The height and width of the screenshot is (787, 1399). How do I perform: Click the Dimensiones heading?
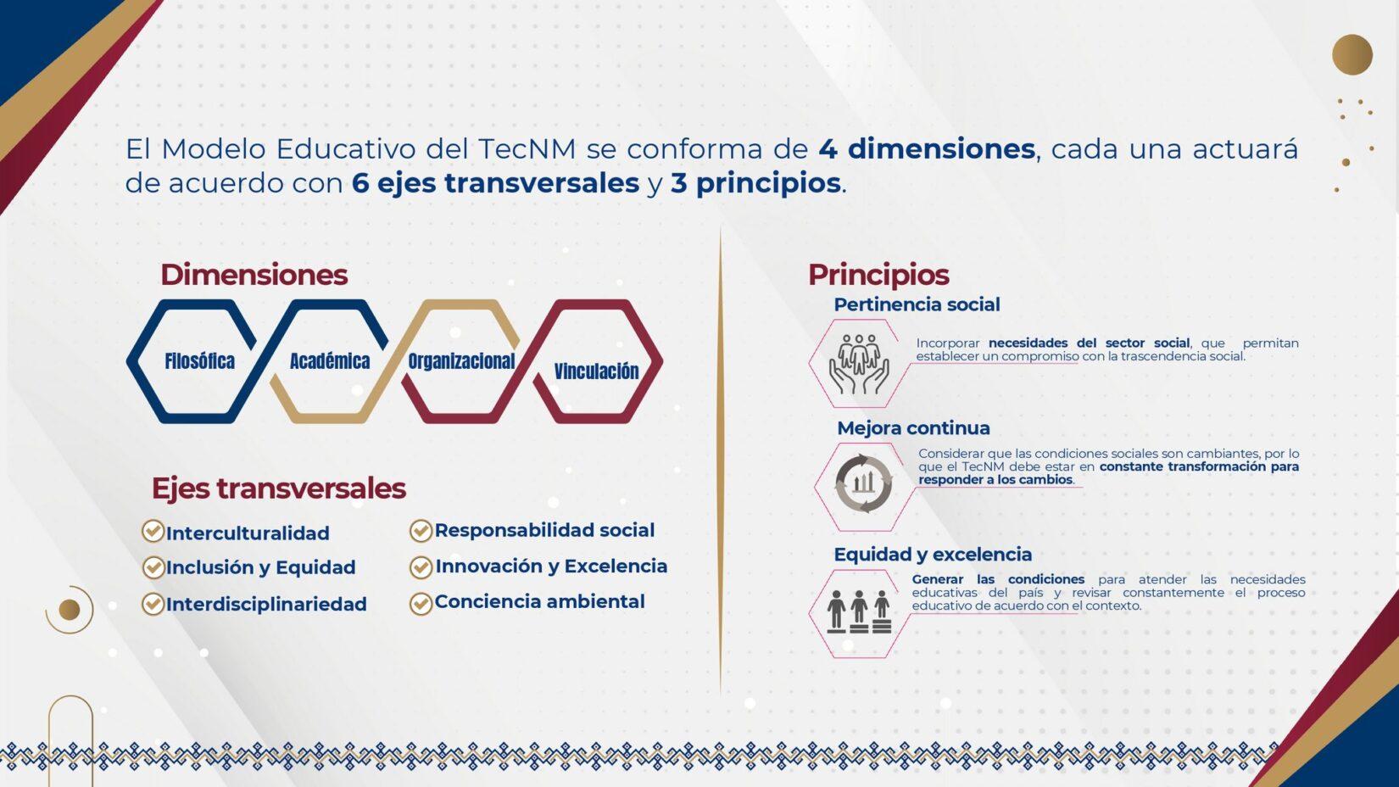pos(254,275)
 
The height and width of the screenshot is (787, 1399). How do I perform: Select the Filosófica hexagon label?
pos(200,361)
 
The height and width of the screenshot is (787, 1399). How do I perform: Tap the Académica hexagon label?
pos(330,361)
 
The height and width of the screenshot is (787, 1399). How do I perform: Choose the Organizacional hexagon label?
pos(461,361)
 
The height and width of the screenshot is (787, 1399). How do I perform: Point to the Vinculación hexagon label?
pos(596,371)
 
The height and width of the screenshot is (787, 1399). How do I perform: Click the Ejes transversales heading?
pos(279,488)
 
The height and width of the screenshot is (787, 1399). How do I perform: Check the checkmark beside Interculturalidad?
pos(153,532)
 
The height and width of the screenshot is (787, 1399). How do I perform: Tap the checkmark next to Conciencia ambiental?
pos(421,603)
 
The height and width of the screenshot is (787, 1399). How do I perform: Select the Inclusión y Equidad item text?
pos(260,567)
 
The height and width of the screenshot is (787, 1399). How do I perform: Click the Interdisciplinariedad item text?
pos(266,604)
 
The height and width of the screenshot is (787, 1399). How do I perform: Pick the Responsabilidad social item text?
pos(544,530)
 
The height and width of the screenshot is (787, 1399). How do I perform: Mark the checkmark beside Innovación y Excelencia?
pos(421,567)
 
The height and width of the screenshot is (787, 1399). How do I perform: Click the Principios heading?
pos(878,276)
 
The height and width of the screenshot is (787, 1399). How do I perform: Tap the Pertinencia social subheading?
pos(917,304)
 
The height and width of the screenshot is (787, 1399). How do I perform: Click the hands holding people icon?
pos(859,364)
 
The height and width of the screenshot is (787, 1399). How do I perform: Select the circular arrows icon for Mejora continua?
pos(864,484)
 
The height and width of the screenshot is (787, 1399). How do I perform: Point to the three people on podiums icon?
pos(860,612)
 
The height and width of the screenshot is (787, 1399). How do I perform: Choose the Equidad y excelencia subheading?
pos(933,555)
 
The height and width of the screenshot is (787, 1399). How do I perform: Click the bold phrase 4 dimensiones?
pos(927,148)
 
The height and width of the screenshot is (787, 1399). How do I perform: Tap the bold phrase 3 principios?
pos(755,184)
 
